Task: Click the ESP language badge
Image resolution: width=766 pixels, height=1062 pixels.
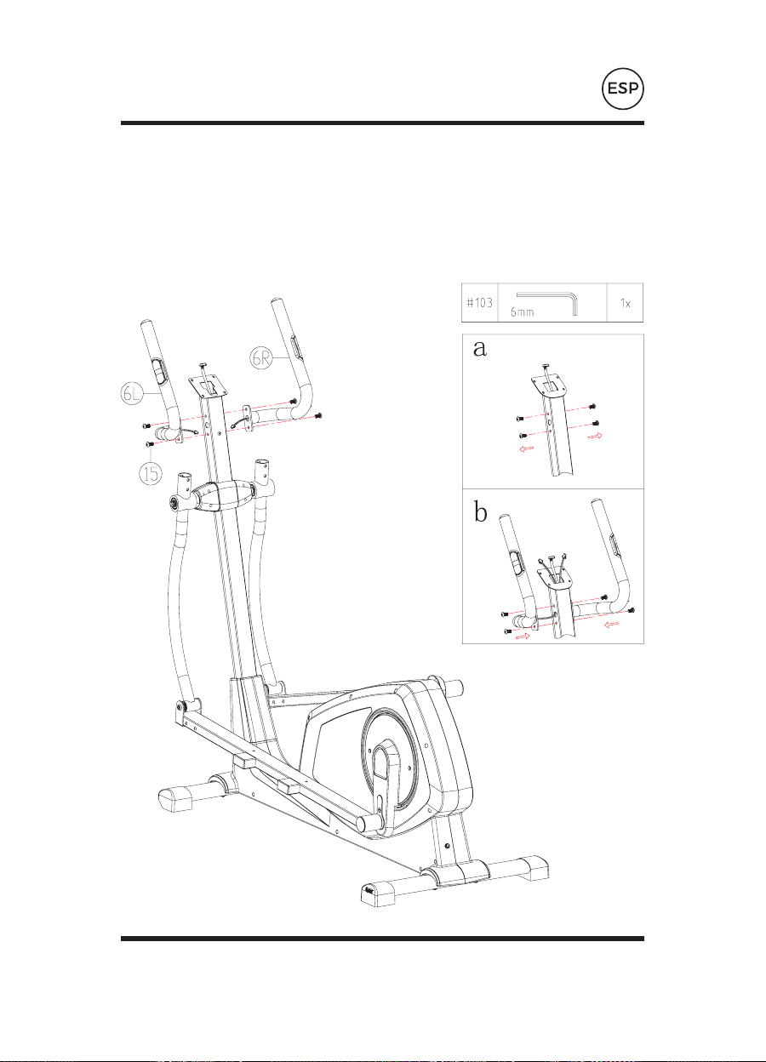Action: coord(623,88)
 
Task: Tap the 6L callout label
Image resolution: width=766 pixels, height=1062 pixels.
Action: coord(132,394)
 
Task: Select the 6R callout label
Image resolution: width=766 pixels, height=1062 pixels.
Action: coord(261,358)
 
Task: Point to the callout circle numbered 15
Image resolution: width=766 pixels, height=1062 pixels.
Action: coord(151,474)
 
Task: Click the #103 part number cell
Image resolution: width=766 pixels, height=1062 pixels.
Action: coord(479,303)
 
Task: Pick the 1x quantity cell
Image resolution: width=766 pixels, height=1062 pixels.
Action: coord(625,304)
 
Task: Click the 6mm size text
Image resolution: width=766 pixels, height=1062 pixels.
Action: coord(523,312)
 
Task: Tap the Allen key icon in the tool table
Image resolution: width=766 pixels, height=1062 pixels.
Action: coord(547,303)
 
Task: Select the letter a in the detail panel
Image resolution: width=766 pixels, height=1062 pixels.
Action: coord(479,349)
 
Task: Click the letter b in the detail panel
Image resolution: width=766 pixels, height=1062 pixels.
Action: coord(481,512)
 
